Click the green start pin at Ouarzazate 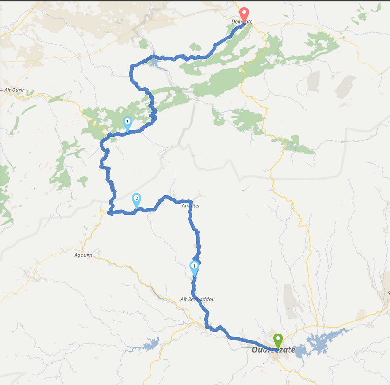pyautogui.click(x=278, y=341)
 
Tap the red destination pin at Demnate pyautogui.click(x=244, y=14)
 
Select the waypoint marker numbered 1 pyautogui.click(x=194, y=267)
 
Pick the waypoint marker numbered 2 pyautogui.click(x=137, y=199)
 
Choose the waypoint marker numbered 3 pyautogui.click(x=127, y=123)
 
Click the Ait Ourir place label pyautogui.click(x=14, y=90)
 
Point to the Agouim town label pyautogui.click(x=84, y=255)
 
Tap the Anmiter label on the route pyautogui.click(x=190, y=206)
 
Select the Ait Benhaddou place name pyautogui.click(x=197, y=299)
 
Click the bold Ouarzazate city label pyautogui.click(x=273, y=350)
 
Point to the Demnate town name pyautogui.click(x=242, y=22)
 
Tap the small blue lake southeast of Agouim pyautogui.click(x=150, y=344)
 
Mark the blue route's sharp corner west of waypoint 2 pyautogui.click(x=109, y=212)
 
